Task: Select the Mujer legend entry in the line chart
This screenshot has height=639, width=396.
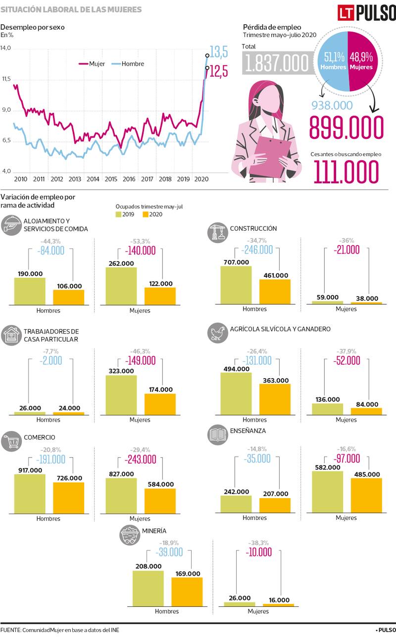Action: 91,64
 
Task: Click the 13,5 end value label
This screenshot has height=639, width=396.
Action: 218,51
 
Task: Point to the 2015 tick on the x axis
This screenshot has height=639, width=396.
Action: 111,179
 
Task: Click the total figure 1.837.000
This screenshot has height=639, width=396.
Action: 276,63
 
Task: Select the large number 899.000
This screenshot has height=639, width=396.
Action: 346,128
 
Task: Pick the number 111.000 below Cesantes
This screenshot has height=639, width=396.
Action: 346,171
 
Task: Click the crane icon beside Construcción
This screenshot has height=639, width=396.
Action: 217,231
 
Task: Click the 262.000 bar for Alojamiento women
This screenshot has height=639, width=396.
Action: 121,286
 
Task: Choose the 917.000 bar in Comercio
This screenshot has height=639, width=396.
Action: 30,494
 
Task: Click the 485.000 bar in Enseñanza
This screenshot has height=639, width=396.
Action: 366,495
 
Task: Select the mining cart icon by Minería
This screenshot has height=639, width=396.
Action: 129,535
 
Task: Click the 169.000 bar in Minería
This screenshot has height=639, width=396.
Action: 187,592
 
